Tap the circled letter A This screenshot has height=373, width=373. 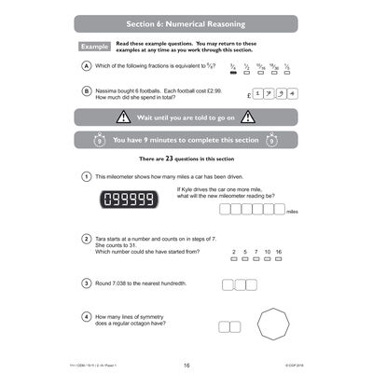point(86,67)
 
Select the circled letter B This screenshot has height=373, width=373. point(86,90)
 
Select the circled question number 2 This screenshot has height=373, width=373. point(86,239)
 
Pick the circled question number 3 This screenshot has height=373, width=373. point(86,283)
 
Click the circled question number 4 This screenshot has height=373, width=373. point(86,316)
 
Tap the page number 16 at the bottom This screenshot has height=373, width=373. point(186,366)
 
